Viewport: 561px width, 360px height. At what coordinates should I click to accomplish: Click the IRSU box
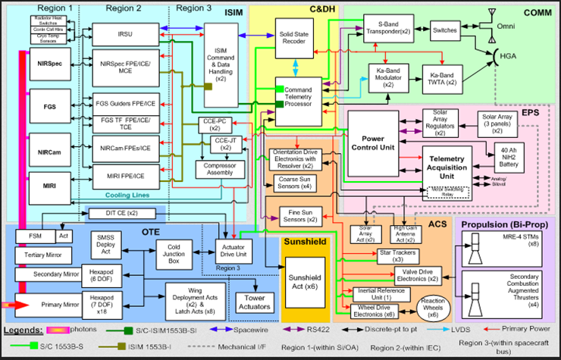point(124,33)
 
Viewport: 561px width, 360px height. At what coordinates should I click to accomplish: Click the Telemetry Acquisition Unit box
point(440,162)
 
